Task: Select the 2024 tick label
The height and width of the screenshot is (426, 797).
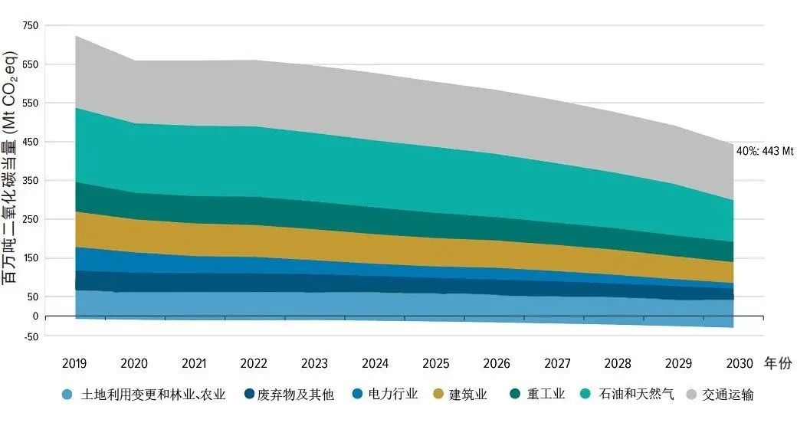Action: click(x=375, y=363)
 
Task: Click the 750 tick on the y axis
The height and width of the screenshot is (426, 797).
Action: click(x=30, y=25)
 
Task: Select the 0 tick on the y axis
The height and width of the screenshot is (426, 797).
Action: click(x=34, y=316)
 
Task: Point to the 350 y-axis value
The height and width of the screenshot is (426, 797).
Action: click(x=30, y=181)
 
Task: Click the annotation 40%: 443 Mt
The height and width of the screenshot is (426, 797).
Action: click(x=764, y=152)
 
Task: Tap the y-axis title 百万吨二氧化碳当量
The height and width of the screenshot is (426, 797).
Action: click(x=11, y=168)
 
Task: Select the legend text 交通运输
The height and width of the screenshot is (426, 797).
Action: click(x=731, y=395)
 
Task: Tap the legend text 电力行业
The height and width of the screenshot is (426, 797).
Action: click(x=393, y=395)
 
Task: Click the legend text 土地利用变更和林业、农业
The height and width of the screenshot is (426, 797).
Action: click(x=154, y=395)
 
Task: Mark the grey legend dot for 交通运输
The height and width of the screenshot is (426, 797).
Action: click(x=692, y=395)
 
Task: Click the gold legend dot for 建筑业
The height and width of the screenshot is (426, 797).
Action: click(x=438, y=395)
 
